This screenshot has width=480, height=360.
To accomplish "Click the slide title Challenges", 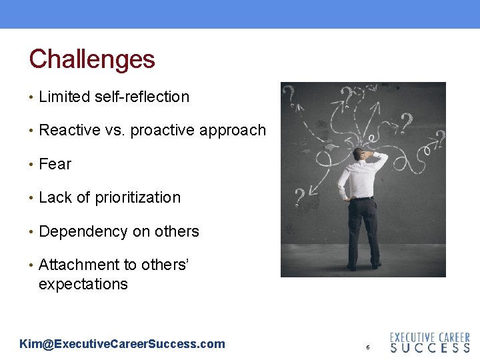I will click(92, 59).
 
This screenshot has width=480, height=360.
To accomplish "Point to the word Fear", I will click(55, 164).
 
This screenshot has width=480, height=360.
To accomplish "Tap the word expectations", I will click(83, 284).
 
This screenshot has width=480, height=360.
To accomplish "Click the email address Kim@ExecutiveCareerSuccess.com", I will click(123, 344).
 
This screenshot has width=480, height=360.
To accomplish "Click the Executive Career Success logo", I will click(429, 342).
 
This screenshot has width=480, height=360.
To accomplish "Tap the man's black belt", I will click(362, 198).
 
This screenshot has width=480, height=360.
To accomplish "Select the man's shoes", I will click(364, 265).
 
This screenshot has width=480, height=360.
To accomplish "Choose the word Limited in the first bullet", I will click(64, 97).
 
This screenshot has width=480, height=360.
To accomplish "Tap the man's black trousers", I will click(363, 230).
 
